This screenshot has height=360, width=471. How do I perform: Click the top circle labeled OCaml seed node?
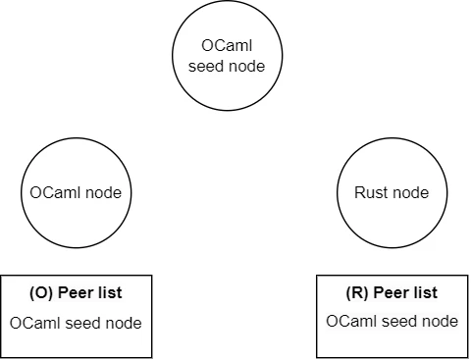(227, 56)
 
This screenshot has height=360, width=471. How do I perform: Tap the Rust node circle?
(392, 192)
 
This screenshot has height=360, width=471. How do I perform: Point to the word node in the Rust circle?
(410, 192)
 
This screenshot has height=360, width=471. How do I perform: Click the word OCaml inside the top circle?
(227, 47)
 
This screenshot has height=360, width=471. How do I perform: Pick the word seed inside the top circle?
(207, 66)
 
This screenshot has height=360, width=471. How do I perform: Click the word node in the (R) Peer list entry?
(438, 322)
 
